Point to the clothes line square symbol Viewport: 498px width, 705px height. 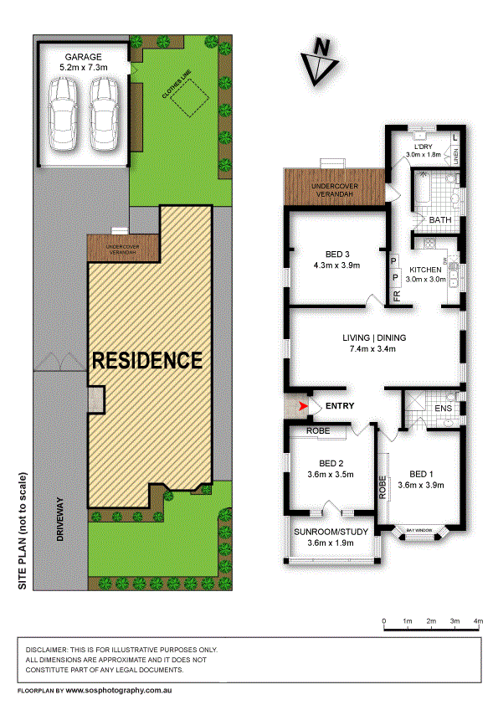click(x=186, y=102)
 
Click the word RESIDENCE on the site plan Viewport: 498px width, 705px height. click(x=147, y=361)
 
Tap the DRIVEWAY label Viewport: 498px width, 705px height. click(x=60, y=520)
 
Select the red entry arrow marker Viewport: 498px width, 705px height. click(x=303, y=406)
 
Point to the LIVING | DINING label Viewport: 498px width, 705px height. click(x=374, y=337)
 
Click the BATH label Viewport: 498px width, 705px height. click(x=439, y=220)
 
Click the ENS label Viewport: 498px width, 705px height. click(x=444, y=409)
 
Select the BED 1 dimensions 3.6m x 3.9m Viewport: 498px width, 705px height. click(x=420, y=484)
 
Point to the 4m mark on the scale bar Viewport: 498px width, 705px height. click(x=479, y=620)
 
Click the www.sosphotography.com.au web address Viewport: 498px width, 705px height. click(x=119, y=691)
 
